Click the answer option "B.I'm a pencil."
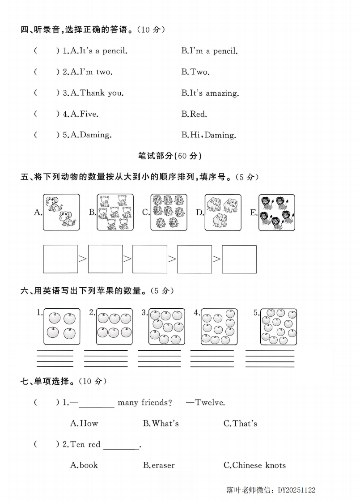pyautogui.click(x=209, y=51)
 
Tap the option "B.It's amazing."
pyautogui.click(x=210, y=93)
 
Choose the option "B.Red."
pyautogui.click(x=194, y=114)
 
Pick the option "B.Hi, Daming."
pyautogui.click(x=208, y=135)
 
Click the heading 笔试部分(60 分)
pyautogui.click(x=170, y=156)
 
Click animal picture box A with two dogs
pyautogui.click(x=61, y=212)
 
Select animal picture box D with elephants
pyautogui.click(x=223, y=212)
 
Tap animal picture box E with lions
pyautogui.click(x=276, y=212)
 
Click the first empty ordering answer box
pyautogui.click(x=60, y=259)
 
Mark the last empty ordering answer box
pyautogui.click(x=239, y=259)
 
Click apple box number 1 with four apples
pyautogui.click(x=62, y=326)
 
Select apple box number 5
pyautogui.click(x=279, y=327)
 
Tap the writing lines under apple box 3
pyautogui.click(x=159, y=358)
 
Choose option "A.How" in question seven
pyautogui.click(x=84, y=423)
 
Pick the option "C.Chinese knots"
pyautogui.click(x=254, y=465)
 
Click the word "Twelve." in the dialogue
pyautogui.click(x=210, y=402)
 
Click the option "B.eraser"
pyautogui.click(x=159, y=465)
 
